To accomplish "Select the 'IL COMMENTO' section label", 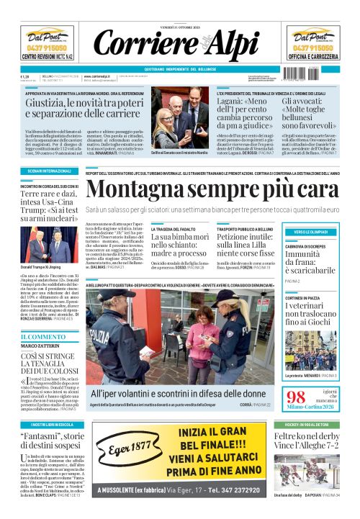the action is tap(42, 336).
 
